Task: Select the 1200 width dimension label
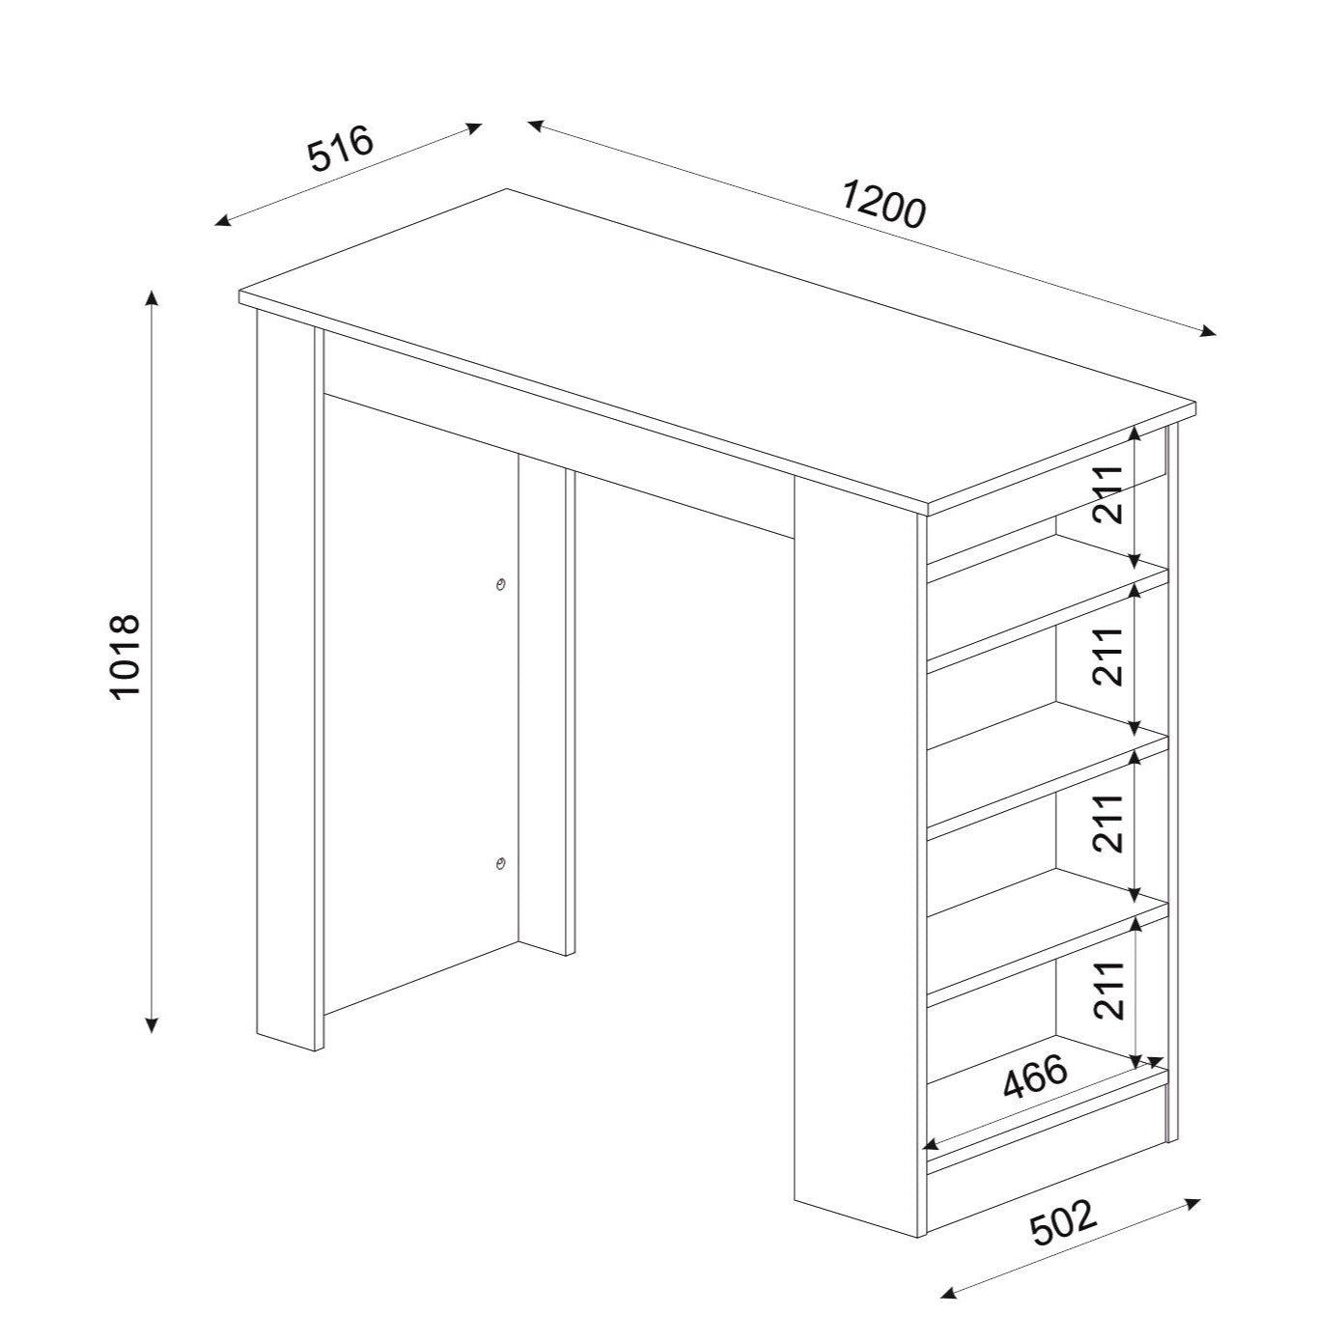(x=883, y=204)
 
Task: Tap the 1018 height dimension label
(x=126, y=656)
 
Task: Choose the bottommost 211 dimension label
(x=1108, y=991)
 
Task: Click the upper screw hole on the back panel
(x=500, y=584)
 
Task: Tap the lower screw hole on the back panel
(x=500, y=864)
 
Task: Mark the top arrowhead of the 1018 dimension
(x=152, y=297)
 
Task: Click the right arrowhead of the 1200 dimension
(x=1209, y=331)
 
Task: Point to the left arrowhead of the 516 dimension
(x=222, y=222)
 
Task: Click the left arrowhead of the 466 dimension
(x=931, y=1163)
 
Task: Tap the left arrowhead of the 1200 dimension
(x=536, y=125)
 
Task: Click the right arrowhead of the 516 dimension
(x=474, y=127)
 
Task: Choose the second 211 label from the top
(x=1108, y=656)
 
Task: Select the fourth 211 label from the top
(x=1108, y=824)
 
